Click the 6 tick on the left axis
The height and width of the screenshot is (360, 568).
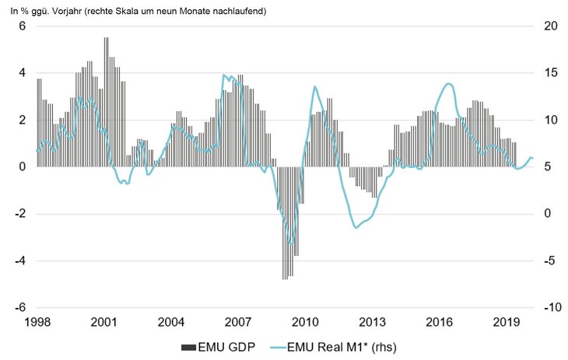[x=22, y=26]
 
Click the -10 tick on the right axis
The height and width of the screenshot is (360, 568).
[x=550, y=308]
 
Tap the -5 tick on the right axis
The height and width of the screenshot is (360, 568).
[x=550, y=260]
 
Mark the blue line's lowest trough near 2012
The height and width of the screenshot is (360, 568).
[x=356, y=227]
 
